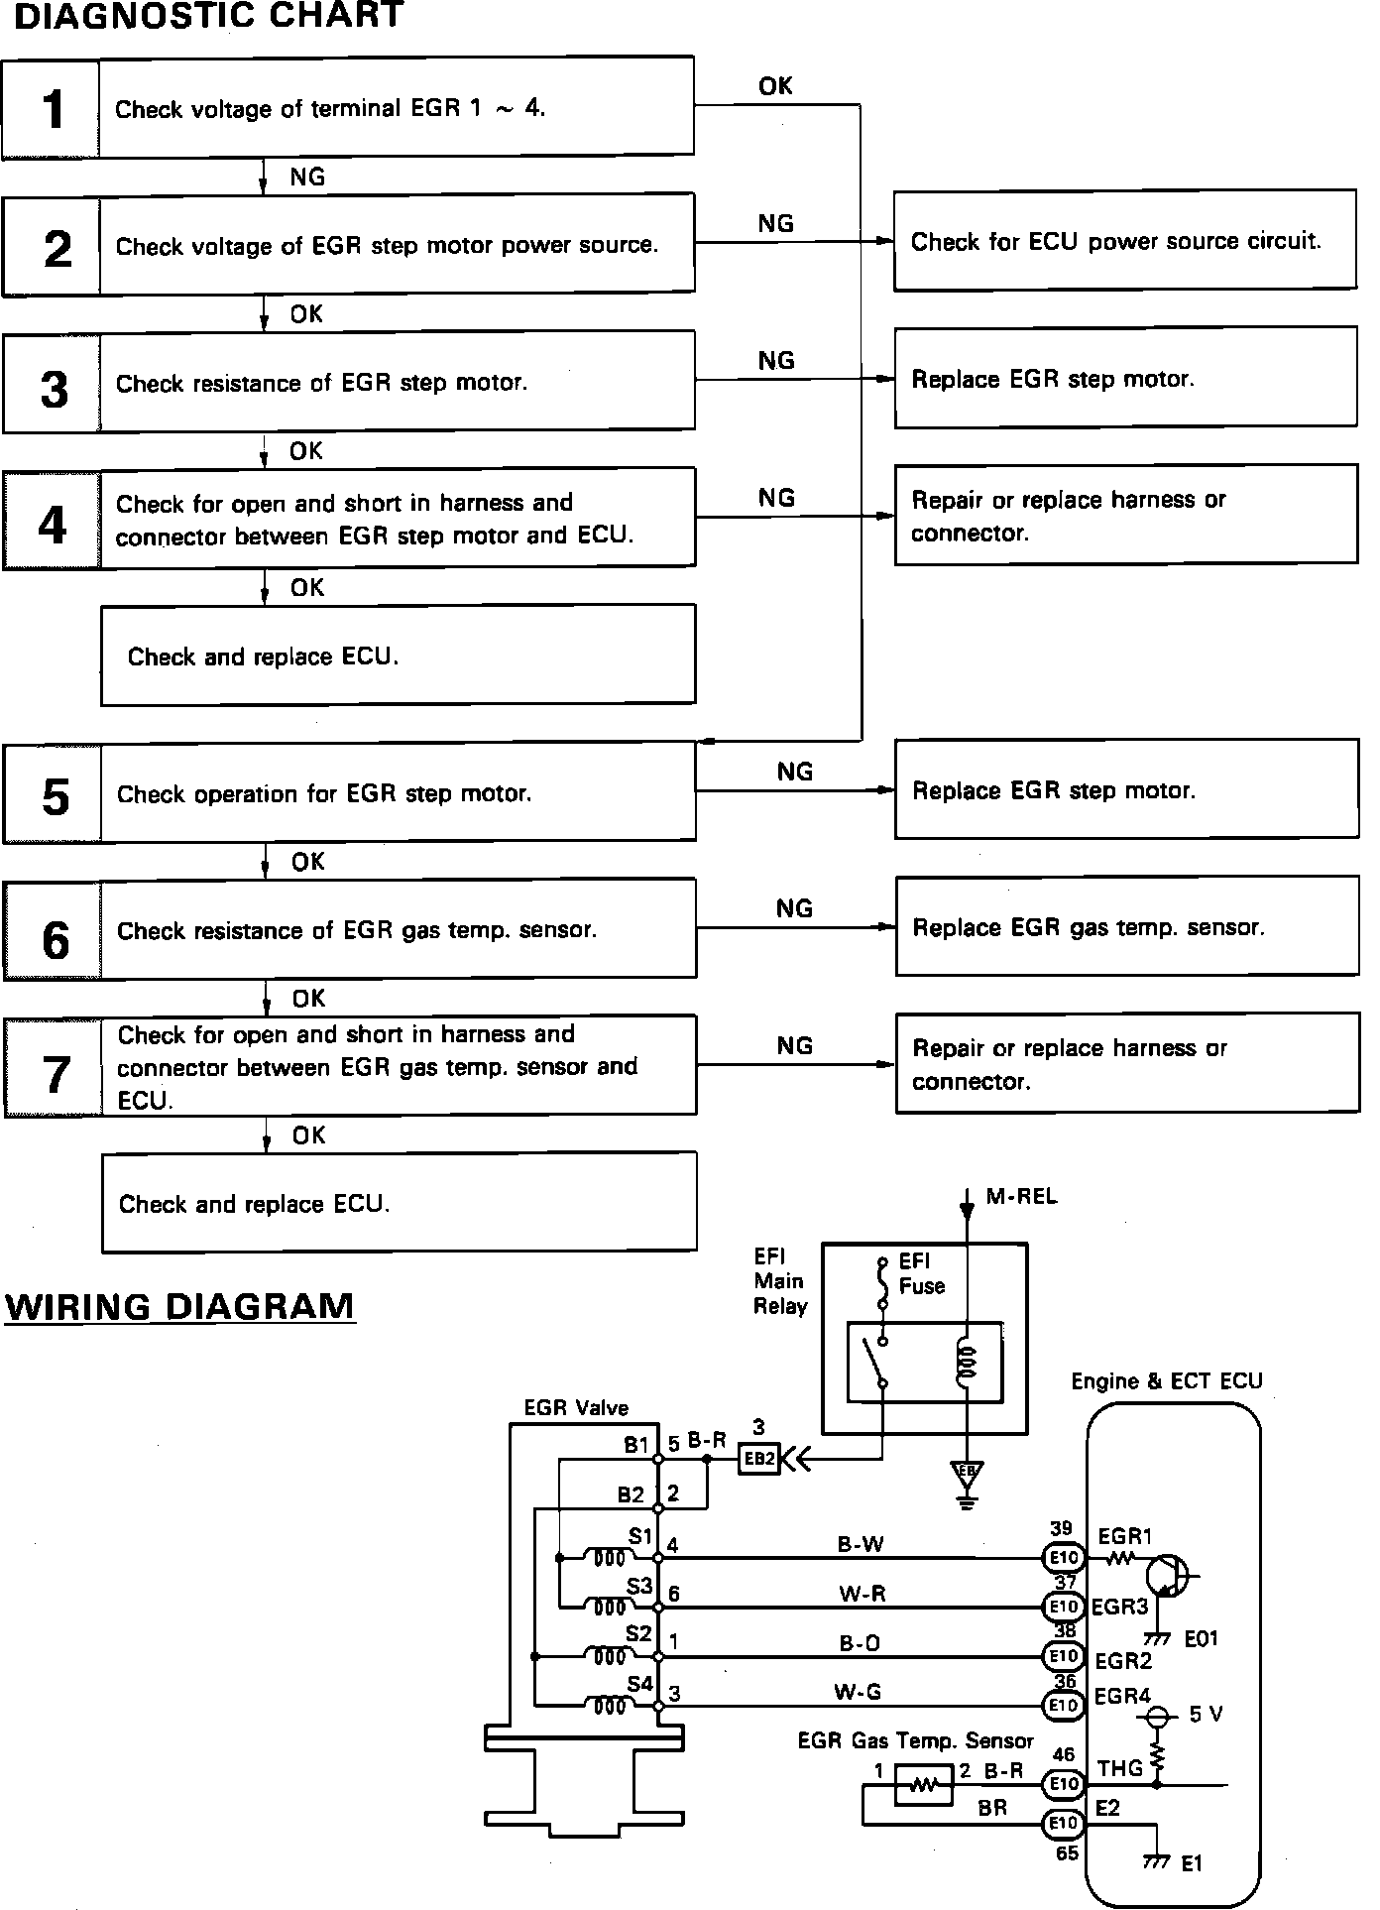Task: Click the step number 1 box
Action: [x=51, y=108]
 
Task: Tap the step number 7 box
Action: [x=54, y=1068]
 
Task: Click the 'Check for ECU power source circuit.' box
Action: [x=1125, y=241]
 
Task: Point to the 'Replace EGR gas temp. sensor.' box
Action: [x=1127, y=926]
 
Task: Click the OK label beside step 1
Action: [x=775, y=86]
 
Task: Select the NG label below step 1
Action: [x=307, y=177]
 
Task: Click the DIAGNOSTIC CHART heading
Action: [x=208, y=16]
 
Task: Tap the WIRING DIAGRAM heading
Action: [x=179, y=1305]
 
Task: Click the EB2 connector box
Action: [x=759, y=1459]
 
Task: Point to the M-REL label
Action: [x=1022, y=1197]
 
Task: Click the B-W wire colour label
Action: [x=861, y=1544]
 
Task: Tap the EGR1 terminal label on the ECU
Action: [x=1125, y=1536]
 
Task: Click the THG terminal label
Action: [x=1120, y=1768]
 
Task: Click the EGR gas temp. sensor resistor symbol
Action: [x=923, y=1786]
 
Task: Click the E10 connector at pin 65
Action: [x=1064, y=1823]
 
